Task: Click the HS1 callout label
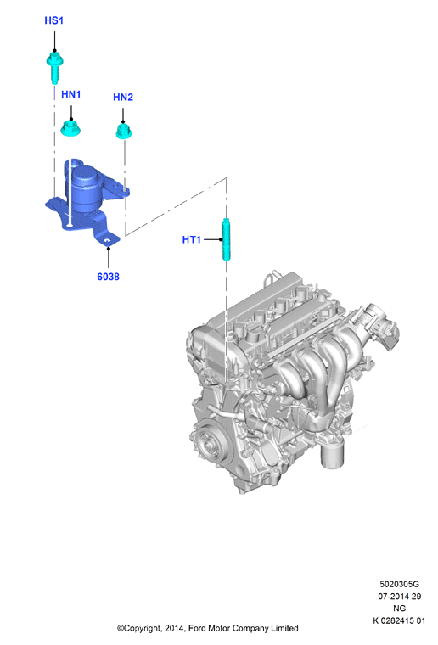[x=53, y=20]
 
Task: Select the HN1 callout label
[x=70, y=94]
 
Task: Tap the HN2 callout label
[x=123, y=98]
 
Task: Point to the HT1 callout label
[x=192, y=240]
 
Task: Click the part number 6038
[x=108, y=277]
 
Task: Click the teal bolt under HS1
[x=54, y=67]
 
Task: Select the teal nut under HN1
[x=70, y=127]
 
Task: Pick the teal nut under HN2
[x=123, y=132]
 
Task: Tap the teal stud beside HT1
[x=227, y=239]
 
